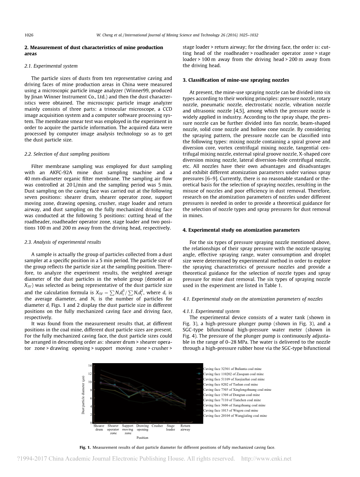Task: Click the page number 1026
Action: pyautogui.click(x=29, y=35)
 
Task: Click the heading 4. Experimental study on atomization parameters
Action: pyautogui.click(x=242, y=230)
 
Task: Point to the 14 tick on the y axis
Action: pyautogui.click(x=90, y=365)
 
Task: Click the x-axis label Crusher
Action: pyautogui.click(x=157, y=426)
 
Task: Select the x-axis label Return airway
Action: pyautogui.click(x=185, y=428)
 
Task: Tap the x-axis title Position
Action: pyautogui.click(x=142, y=438)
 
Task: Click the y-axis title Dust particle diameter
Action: pyautogui.click(x=83, y=395)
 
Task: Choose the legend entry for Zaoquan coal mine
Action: pyautogui.click(x=232, y=374)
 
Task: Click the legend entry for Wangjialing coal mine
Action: pyautogui.click(x=235, y=415)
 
